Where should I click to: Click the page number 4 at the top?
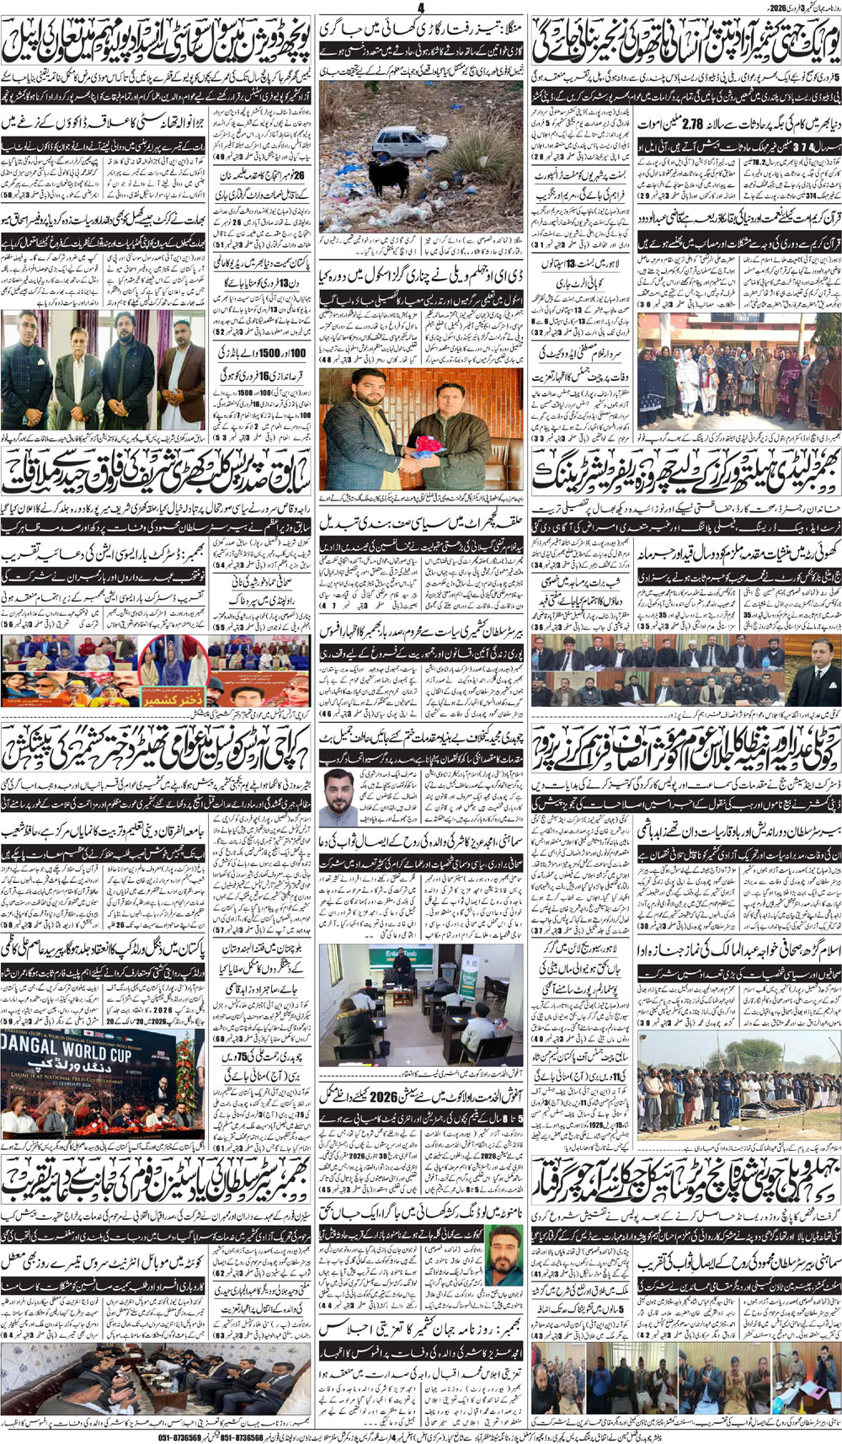coord(420,8)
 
